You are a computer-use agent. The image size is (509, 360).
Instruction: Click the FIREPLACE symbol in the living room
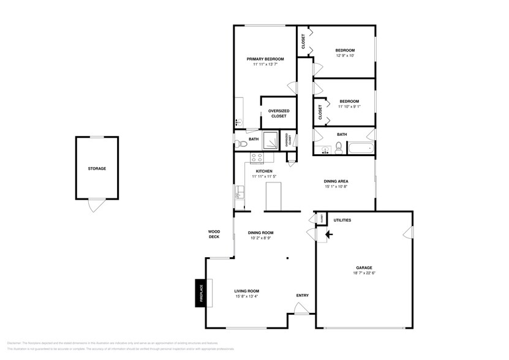click(200, 291)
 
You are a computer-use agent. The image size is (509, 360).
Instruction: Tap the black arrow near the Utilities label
click(328, 233)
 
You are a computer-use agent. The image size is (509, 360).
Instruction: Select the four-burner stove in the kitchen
click(256, 157)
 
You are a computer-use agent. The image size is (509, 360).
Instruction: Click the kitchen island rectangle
click(273, 195)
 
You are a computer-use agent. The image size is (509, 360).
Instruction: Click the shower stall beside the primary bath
click(270, 139)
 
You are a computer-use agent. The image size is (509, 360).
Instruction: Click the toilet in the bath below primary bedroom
click(241, 144)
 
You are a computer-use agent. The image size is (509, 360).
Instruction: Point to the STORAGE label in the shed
click(97, 168)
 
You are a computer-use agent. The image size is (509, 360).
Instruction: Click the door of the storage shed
click(93, 206)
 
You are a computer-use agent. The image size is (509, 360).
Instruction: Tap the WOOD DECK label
click(214, 234)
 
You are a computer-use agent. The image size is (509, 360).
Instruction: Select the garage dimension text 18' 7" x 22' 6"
click(364, 274)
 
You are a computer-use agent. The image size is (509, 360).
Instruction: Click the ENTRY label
click(302, 296)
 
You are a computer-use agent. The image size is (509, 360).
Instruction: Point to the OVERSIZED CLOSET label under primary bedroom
click(279, 113)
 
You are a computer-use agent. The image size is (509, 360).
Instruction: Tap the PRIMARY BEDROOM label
click(265, 59)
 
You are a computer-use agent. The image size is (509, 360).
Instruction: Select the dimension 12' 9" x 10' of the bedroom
click(345, 56)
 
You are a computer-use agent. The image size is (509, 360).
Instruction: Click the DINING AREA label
click(336, 181)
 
